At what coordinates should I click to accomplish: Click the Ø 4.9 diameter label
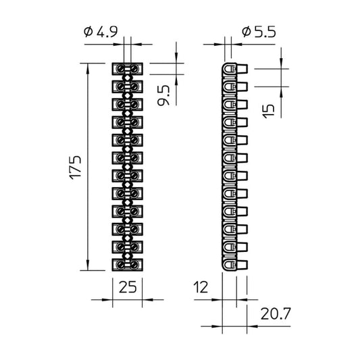[x=101, y=32]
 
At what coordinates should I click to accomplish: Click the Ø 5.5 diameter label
[x=259, y=32]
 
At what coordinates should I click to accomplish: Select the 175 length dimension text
[x=75, y=168]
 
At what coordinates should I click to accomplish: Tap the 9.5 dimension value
[x=163, y=95]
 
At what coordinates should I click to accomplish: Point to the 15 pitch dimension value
[x=268, y=111]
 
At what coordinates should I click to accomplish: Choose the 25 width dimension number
[x=128, y=287]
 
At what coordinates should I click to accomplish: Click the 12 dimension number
[x=201, y=287]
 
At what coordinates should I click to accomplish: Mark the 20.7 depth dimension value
[x=276, y=314]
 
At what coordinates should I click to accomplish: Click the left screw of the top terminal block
[x=120, y=69]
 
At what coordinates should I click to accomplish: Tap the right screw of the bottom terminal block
[x=134, y=265]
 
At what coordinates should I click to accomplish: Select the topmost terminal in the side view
[x=234, y=69]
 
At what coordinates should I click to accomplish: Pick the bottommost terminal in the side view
[x=234, y=265]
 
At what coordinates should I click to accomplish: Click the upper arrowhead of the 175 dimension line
[x=88, y=68]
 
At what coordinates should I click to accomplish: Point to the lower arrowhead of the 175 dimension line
[x=88, y=265]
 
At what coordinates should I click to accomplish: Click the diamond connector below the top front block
[x=128, y=78]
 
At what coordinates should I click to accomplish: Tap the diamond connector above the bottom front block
[x=128, y=256]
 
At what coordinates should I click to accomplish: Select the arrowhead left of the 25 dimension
[x=107, y=300]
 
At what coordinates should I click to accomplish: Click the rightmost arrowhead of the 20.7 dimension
[x=252, y=326]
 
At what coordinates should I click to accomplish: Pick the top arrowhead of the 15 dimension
[x=281, y=63]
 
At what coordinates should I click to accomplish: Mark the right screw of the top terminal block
[x=134, y=69]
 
